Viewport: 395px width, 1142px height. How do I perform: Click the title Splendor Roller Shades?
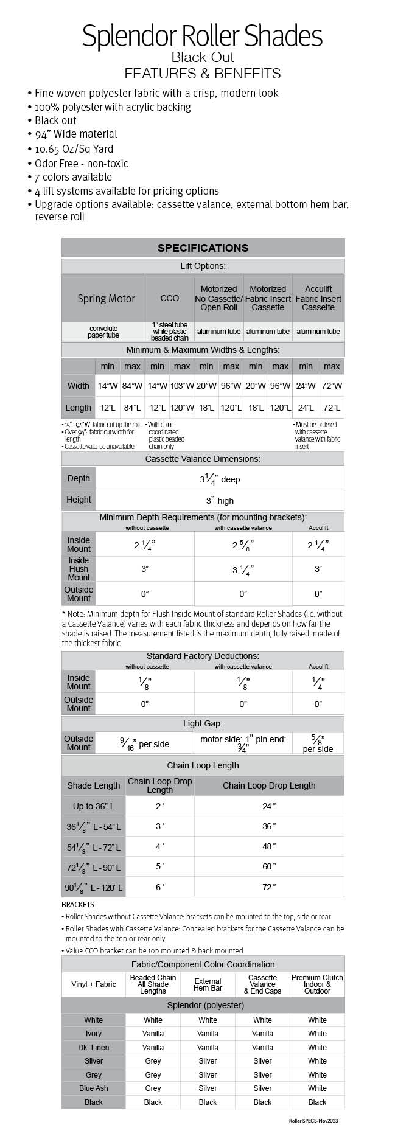point(202,36)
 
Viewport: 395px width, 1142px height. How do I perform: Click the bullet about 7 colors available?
point(73,177)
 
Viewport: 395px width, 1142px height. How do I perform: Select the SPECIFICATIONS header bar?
point(203,248)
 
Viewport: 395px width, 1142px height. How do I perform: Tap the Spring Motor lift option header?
point(106,298)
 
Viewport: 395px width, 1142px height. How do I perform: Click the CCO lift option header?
point(169,298)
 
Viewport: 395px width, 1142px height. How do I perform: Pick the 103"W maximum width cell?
point(182,386)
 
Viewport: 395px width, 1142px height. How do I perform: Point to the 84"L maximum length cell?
point(132,408)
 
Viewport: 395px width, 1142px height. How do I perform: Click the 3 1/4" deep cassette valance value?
point(220,479)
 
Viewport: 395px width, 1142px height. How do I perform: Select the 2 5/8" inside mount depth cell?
point(243,545)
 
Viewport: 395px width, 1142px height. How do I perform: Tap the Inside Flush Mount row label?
point(79,569)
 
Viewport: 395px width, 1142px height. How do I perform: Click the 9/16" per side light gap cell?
point(145,743)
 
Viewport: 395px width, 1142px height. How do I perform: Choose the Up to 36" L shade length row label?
point(94,806)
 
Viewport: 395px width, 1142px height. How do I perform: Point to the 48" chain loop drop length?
point(269,846)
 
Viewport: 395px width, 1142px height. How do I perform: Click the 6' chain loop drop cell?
point(159,887)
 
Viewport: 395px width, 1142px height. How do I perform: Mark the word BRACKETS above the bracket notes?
point(78,905)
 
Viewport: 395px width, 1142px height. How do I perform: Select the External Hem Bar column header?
point(208,984)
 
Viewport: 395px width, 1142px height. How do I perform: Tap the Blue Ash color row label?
point(94,1088)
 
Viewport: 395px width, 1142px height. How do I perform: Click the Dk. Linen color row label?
point(94,1047)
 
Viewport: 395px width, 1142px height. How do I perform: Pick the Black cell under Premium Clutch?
point(317,1102)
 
